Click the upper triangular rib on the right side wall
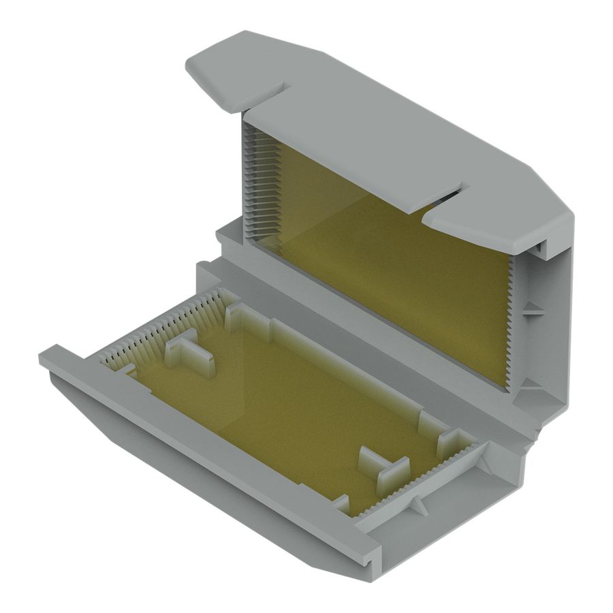(x=532, y=310)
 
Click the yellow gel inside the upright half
(x=388, y=272)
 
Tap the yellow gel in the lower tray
(x=286, y=402)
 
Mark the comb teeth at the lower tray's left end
(x=163, y=327)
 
